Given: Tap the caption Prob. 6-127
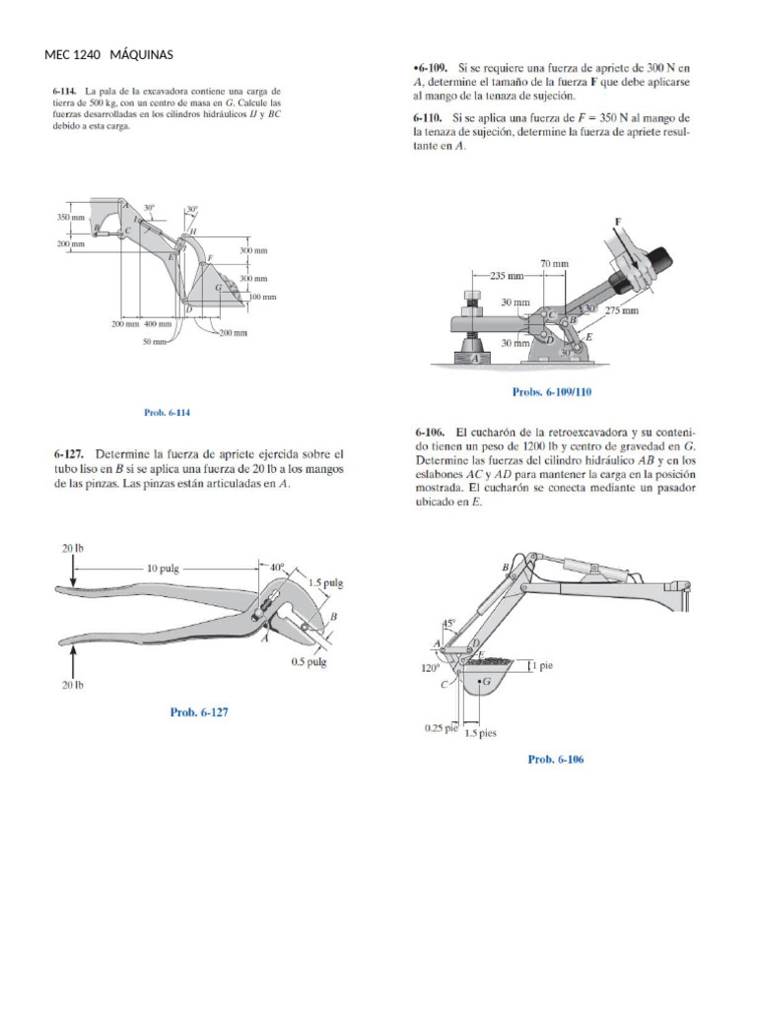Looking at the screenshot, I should (x=199, y=712).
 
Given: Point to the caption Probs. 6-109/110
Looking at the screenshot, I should (x=552, y=392).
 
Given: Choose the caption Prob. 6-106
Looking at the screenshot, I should (x=556, y=759).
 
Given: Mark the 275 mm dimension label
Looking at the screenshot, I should (x=621, y=310).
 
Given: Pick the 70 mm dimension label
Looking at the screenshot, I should (x=554, y=263).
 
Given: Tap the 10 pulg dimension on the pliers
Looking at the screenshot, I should (x=167, y=568).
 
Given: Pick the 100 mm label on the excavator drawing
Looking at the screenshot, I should (x=261, y=297).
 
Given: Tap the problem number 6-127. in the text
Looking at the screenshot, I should (x=72, y=454).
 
